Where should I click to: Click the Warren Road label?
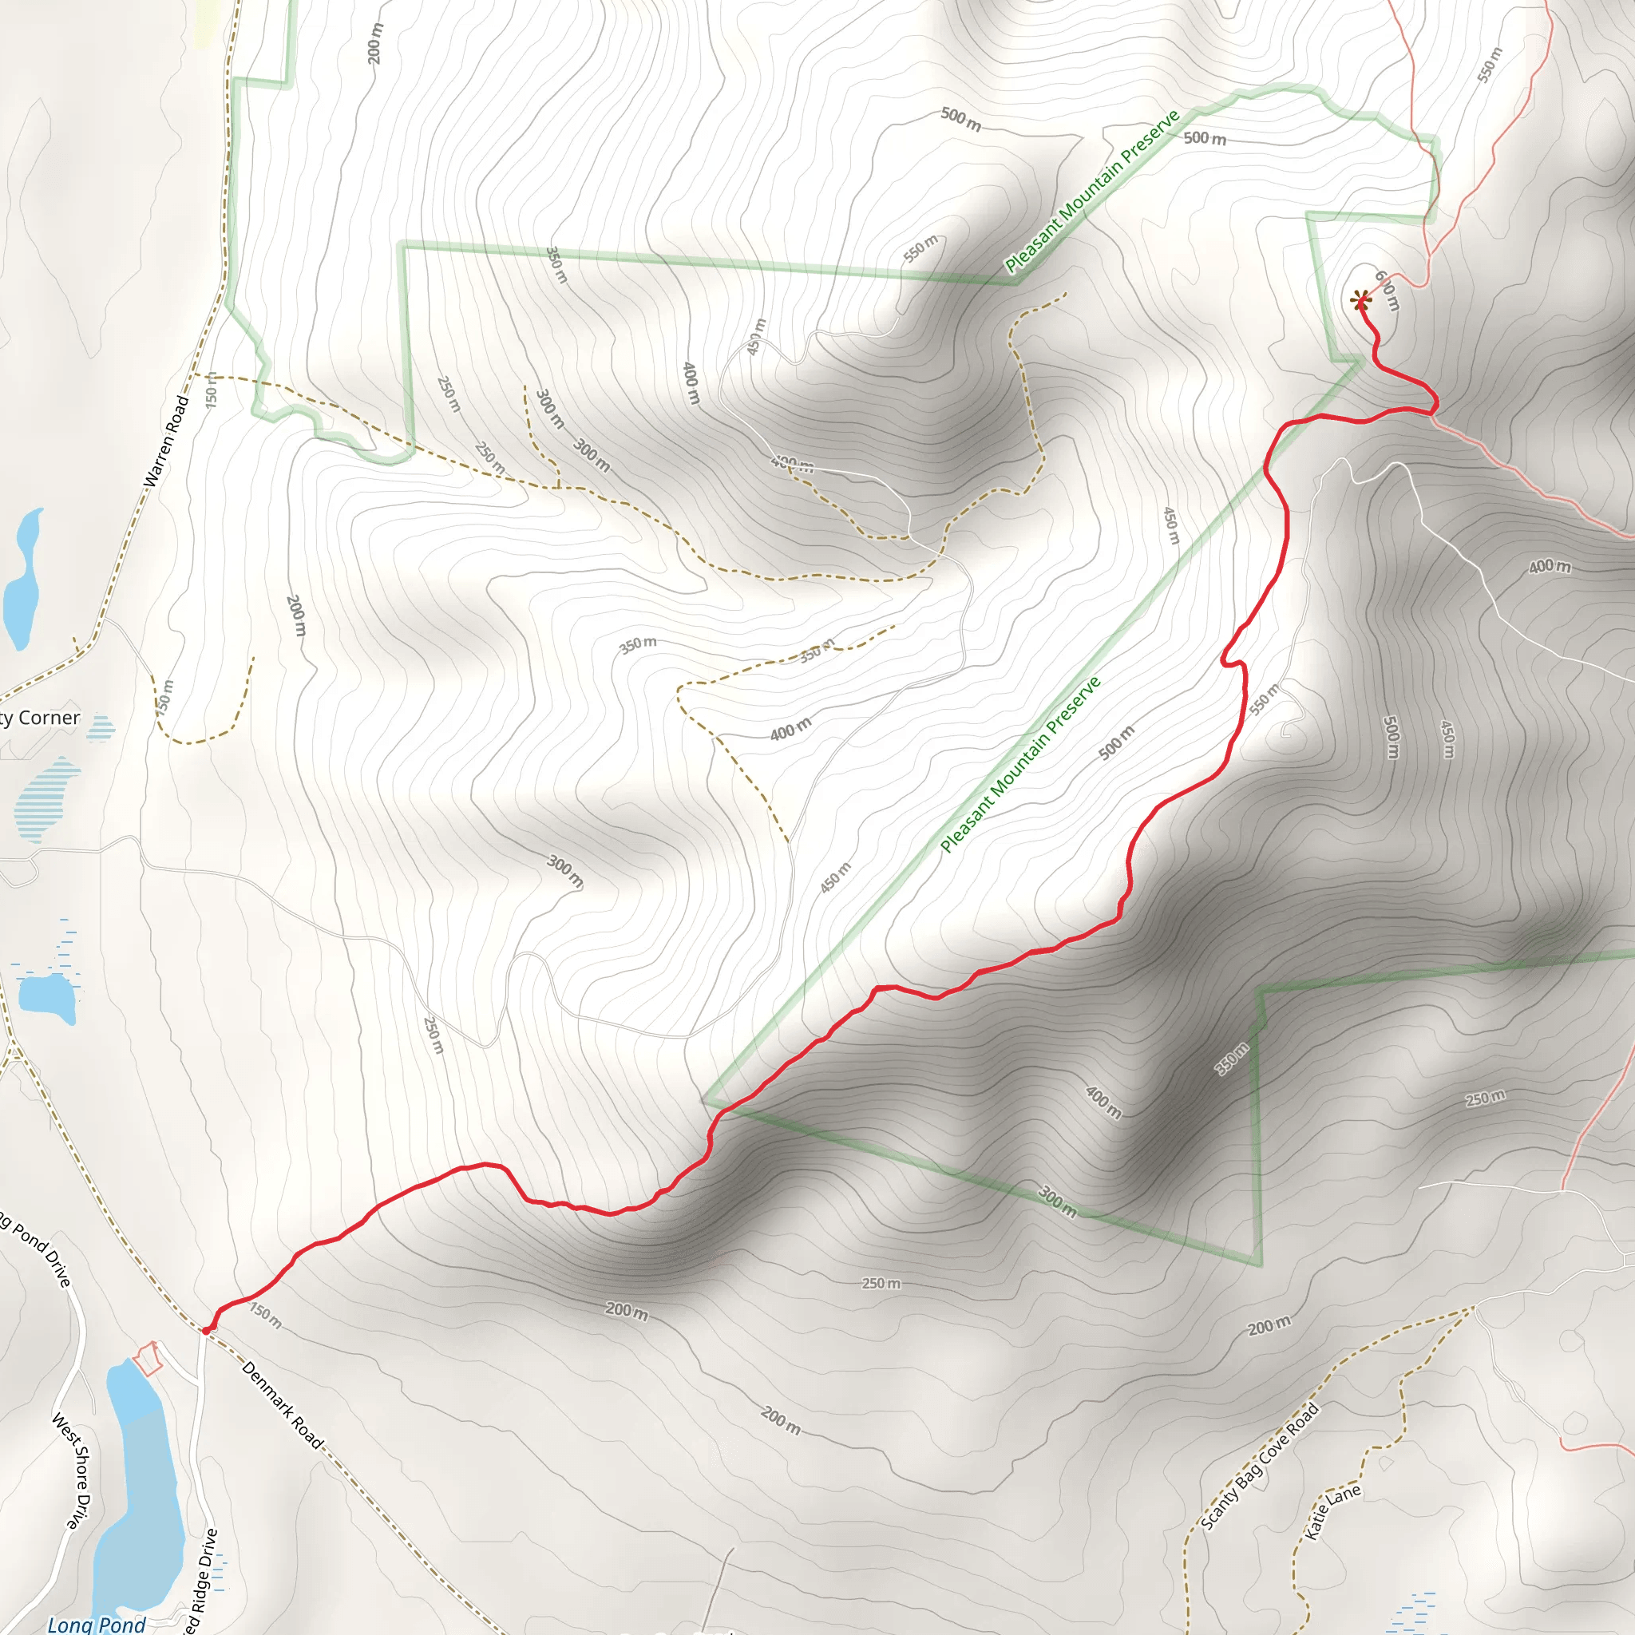(x=167, y=441)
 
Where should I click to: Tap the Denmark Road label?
(x=283, y=1405)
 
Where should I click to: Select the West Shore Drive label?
(x=73, y=1471)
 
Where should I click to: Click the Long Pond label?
(x=96, y=1624)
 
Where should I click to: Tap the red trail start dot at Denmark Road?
(x=207, y=1330)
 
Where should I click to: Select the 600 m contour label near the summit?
(x=1386, y=291)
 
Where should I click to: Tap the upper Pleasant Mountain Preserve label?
(x=1091, y=192)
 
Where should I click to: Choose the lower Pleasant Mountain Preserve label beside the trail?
(x=1020, y=764)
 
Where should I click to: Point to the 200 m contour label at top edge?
(x=375, y=43)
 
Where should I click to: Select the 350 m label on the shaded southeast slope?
(x=1232, y=1059)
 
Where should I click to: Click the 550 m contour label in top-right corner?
(x=1490, y=65)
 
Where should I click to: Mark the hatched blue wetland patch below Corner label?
(x=44, y=800)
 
